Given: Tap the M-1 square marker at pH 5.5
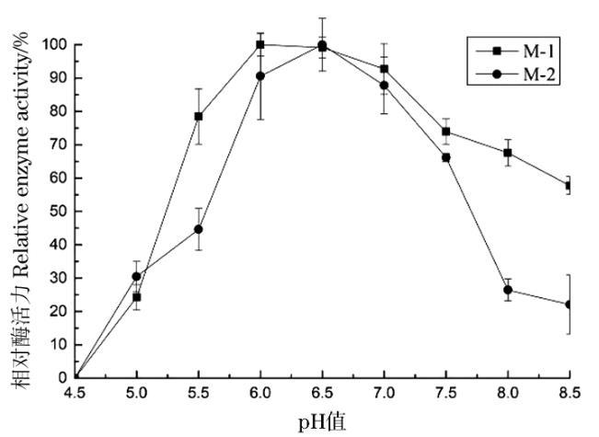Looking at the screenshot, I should tap(198, 117).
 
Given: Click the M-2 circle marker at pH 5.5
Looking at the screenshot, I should tap(198, 229).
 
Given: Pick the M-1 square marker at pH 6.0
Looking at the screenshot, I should tap(260, 44).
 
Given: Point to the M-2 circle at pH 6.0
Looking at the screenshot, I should tap(260, 76).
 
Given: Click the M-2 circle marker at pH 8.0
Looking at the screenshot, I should tap(508, 290).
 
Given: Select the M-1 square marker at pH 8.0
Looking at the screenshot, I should tap(508, 153).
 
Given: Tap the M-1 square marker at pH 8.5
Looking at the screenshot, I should tap(570, 186).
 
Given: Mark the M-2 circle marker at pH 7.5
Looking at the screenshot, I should tap(446, 157).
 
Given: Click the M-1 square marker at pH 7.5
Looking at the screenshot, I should tap(446, 132).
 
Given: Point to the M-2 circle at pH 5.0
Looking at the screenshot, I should tap(136, 276).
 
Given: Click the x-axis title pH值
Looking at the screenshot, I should tap(321, 422).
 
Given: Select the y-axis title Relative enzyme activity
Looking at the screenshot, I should tap(20, 212).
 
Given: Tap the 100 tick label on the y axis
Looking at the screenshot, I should tap(55, 44).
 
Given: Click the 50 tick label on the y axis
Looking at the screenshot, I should tap(59, 211).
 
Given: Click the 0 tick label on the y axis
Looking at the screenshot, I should tap(63, 377).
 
